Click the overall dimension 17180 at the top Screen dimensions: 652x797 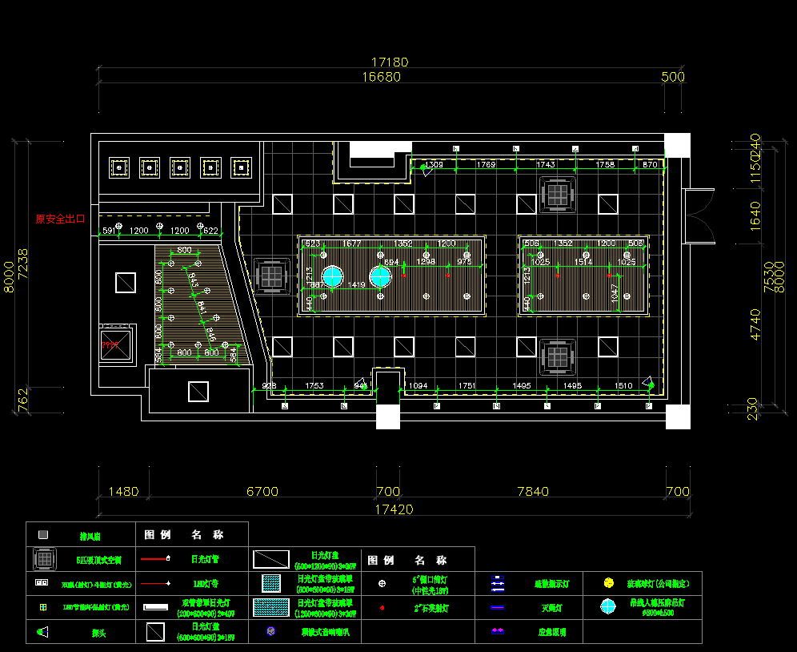tap(390, 62)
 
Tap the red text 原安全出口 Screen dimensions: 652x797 tap(60, 219)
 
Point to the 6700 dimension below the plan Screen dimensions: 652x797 tap(262, 491)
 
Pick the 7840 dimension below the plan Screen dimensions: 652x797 tap(533, 491)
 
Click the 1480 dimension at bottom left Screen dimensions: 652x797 tap(122, 491)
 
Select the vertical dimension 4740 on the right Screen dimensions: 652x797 tap(755, 324)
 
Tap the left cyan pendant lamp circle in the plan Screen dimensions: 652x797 tap(333, 277)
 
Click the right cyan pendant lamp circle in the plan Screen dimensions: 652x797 tap(379, 277)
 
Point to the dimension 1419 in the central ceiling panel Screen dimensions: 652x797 tap(357, 285)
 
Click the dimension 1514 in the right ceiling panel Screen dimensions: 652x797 tap(583, 262)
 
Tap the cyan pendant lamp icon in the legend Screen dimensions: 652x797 tap(609, 606)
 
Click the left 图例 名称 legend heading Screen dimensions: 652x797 tap(183, 534)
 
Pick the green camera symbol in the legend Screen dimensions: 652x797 tap(42, 632)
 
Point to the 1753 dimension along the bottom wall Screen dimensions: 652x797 tap(314, 386)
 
